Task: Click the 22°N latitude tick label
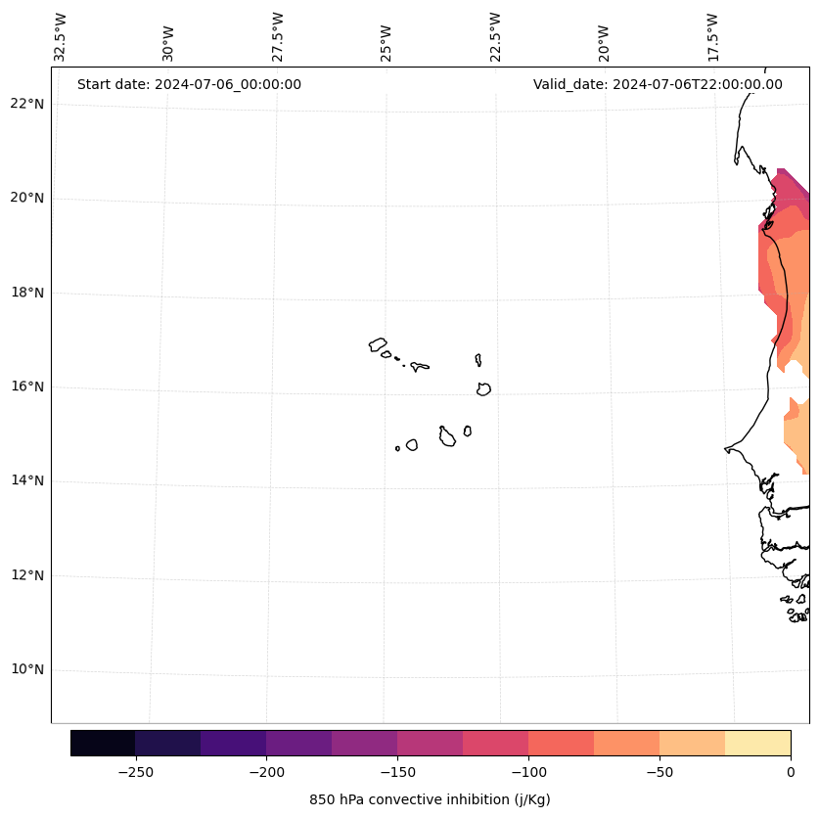pos(27,104)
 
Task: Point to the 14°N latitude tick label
pos(27,480)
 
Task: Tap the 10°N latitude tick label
pos(27,669)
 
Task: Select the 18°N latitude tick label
pos(27,293)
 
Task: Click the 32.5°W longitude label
pos(61,37)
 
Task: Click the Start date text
pos(189,84)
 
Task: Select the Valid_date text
pos(658,84)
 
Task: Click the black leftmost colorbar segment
pos(103,743)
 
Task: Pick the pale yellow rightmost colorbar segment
pos(757,743)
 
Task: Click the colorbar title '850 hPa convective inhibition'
pos(430,799)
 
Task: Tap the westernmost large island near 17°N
pos(378,344)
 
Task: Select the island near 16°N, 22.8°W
pos(483,388)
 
